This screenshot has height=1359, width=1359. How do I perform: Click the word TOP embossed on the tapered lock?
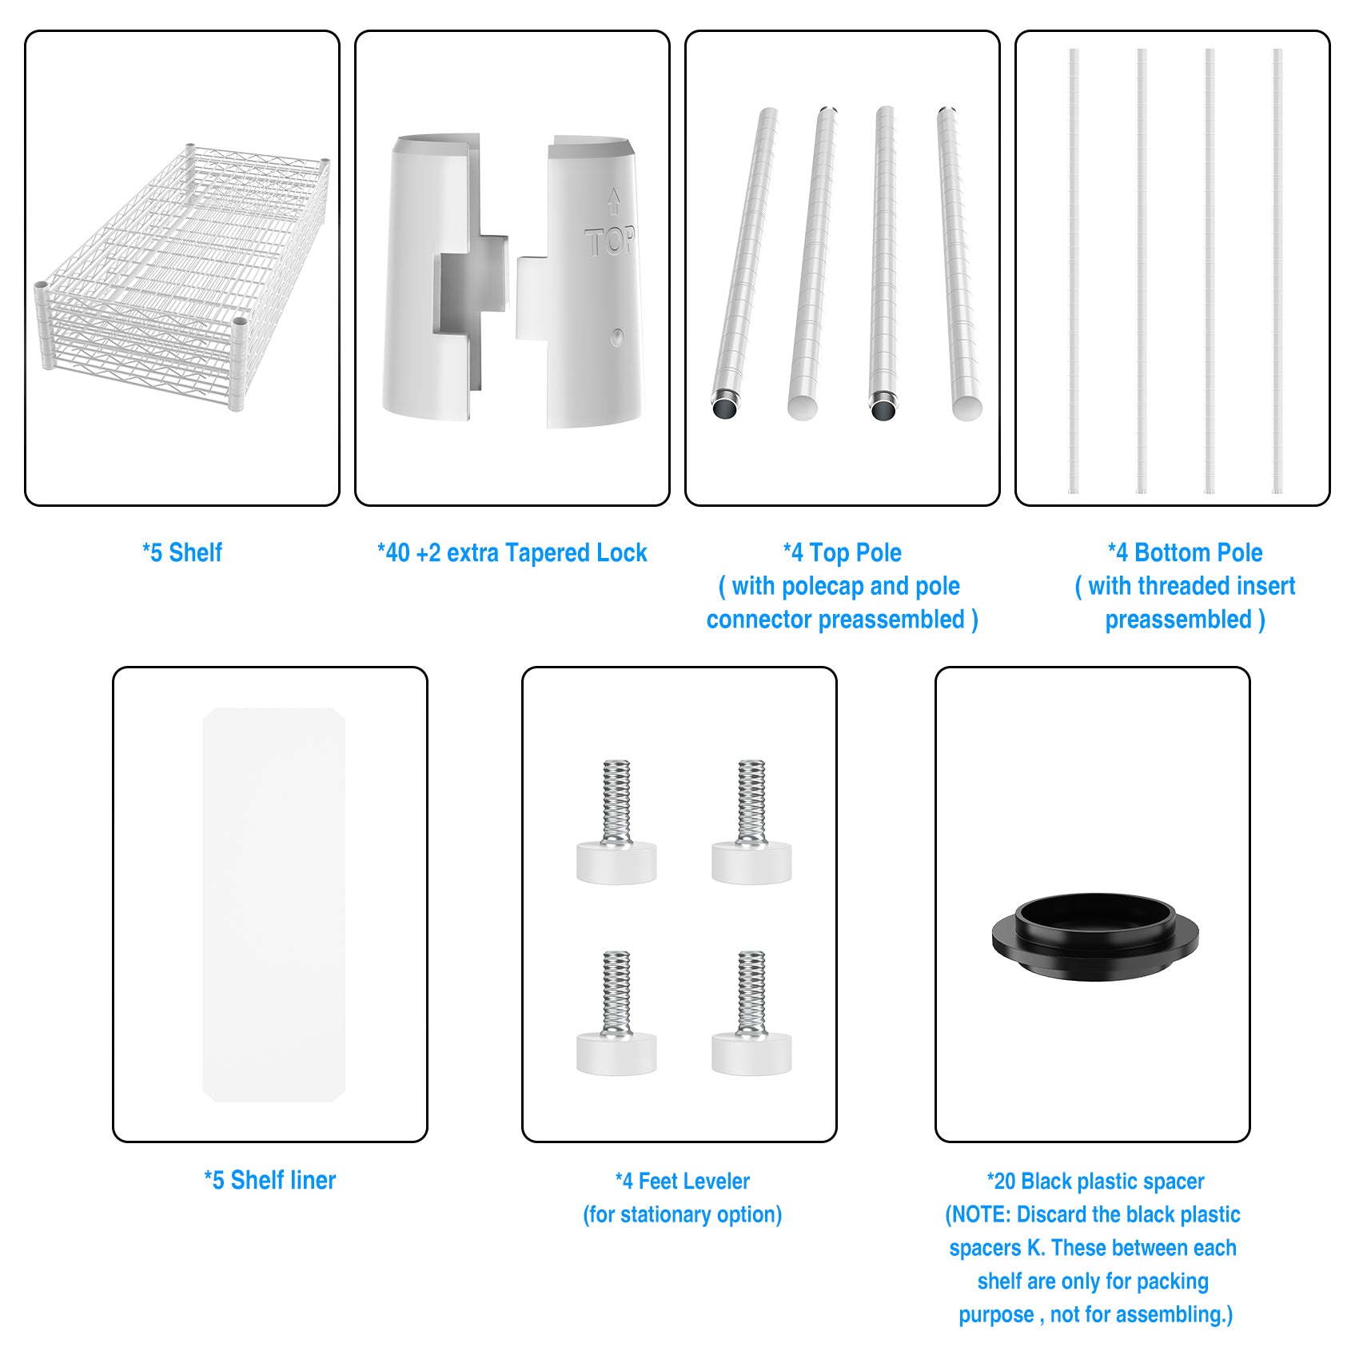tap(610, 241)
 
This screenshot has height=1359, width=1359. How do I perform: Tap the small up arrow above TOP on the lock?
tap(613, 201)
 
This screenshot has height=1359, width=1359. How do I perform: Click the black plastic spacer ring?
tap(1095, 936)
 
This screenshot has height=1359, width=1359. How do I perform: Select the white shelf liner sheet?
tap(273, 904)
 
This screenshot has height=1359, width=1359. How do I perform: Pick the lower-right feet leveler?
tap(751, 1013)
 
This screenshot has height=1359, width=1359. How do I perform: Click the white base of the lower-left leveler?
tap(616, 1054)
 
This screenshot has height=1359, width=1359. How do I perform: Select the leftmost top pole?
tap(745, 262)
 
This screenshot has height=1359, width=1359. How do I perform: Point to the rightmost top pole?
tap(958, 262)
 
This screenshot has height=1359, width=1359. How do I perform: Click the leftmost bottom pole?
tap(1074, 271)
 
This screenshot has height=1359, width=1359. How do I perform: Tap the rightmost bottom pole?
tap(1277, 271)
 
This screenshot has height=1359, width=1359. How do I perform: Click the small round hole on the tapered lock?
tap(616, 337)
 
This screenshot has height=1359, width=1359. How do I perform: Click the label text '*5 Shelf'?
tap(182, 552)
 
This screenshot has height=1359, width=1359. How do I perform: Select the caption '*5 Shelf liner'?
tap(270, 1180)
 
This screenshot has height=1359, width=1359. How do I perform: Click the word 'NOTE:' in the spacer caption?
tap(981, 1214)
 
